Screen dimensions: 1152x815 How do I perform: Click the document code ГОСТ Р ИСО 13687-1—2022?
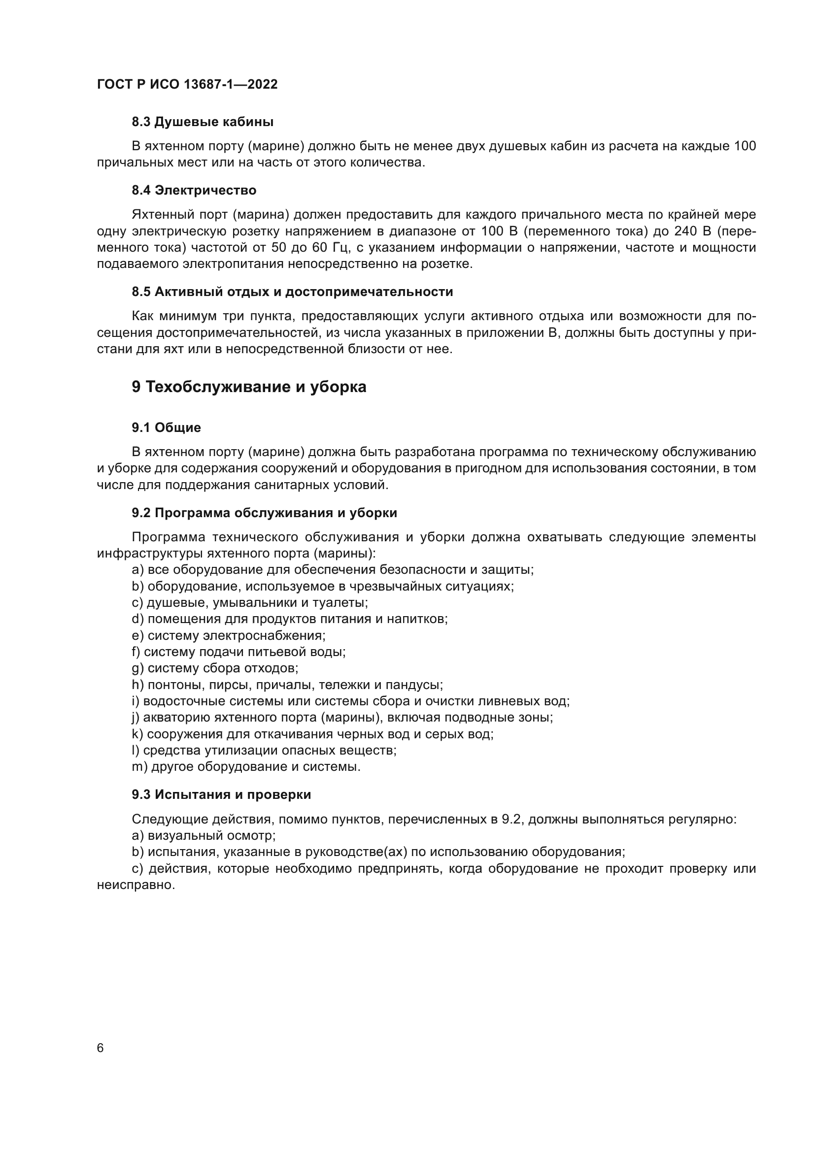(x=187, y=84)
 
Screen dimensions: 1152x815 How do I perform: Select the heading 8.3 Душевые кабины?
(x=202, y=122)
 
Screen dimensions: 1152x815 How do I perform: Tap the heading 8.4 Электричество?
(x=194, y=190)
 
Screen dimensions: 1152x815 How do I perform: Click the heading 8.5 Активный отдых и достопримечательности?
(x=292, y=292)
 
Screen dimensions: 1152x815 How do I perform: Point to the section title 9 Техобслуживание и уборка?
(x=249, y=387)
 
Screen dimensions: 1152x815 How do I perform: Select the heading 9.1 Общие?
(x=166, y=428)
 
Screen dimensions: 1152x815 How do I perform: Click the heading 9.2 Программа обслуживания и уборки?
(x=264, y=513)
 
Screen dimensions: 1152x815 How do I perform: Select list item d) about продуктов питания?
(x=290, y=619)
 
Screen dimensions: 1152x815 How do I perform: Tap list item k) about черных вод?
(x=312, y=734)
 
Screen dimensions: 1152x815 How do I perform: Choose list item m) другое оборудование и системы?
(x=246, y=767)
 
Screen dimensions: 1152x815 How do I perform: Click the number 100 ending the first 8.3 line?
(x=745, y=146)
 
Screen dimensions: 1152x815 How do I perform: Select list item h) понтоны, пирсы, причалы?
(x=287, y=685)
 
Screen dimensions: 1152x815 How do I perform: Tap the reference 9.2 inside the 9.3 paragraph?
(x=512, y=820)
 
